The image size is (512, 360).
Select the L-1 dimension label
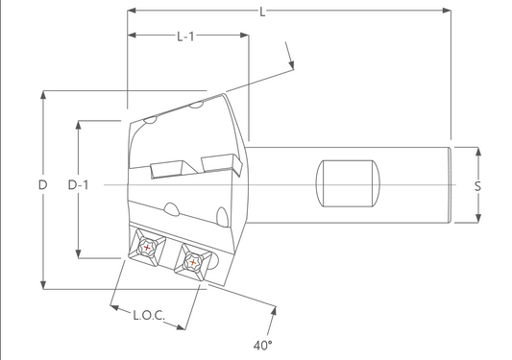tap(186, 36)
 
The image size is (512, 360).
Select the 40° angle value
tap(263, 343)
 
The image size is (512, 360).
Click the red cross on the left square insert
tap(146, 248)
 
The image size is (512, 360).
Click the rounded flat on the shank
tap(348, 184)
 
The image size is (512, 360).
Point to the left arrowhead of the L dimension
tap(132, 11)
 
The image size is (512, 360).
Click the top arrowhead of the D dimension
tap(42, 95)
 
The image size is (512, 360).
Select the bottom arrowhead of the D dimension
tap(42, 283)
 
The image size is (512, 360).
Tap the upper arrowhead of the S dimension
tap(477, 151)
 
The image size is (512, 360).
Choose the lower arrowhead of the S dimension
tap(477, 220)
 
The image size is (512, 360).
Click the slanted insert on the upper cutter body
tap(172, 170)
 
